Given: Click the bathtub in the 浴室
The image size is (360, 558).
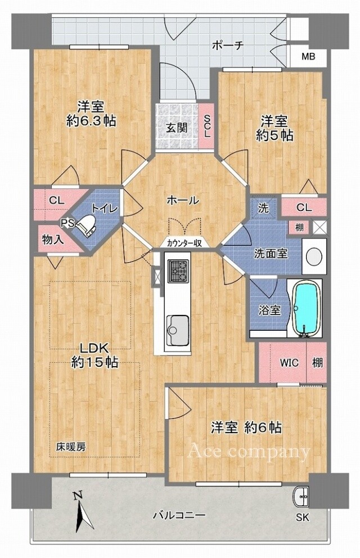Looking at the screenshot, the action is [307, 308].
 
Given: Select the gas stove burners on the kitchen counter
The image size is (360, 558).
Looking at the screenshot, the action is [178, 271].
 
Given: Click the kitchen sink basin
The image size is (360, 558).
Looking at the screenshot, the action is [177, 330].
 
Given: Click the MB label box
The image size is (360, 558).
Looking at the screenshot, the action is [308, 57].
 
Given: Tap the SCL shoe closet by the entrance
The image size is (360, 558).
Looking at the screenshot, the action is [206, 127].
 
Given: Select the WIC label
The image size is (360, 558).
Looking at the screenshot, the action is [289, 363].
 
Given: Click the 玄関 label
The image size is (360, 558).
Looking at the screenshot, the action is [177, 128].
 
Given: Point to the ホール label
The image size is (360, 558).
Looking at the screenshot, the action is [183, 200].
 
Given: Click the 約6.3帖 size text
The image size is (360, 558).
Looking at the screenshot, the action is [91, 121].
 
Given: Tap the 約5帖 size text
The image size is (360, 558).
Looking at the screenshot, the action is [274, 135].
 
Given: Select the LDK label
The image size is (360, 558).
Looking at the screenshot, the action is [93, 348].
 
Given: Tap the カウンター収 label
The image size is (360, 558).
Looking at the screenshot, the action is [184, 244].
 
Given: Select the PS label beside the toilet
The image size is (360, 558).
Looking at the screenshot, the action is [67, 223].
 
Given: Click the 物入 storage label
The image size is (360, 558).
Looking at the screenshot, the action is [53, 240].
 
